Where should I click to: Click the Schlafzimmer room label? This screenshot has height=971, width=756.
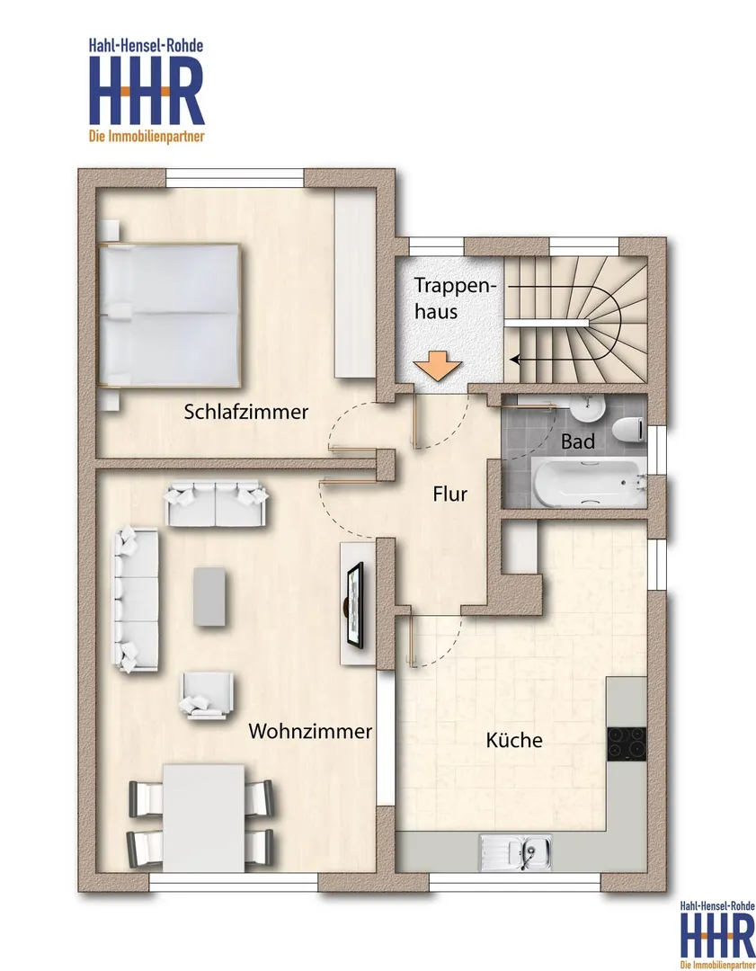pos(245,412)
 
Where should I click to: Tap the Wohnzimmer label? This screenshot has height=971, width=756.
pos(310,731)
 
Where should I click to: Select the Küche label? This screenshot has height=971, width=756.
pos(514,740)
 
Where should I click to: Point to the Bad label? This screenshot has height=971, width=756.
pos(578,441)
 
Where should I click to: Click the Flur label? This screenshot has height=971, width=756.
pos(450,494)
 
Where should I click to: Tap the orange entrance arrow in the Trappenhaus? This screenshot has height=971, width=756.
pos(438,367)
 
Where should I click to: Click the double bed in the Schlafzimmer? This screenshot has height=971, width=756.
pos(169,316)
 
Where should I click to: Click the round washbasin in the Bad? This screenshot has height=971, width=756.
pos(587,409)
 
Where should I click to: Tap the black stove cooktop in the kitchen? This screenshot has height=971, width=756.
pos(627,744)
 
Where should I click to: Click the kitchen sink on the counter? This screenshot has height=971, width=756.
pos(515,852)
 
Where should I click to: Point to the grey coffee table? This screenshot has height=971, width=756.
pos(209,596)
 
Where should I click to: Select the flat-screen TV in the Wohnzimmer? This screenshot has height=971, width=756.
pos(355,606)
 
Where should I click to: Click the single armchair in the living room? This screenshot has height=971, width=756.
pos(206,695)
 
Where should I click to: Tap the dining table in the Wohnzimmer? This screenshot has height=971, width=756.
pos(204,817)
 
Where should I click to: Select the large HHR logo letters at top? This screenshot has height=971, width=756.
pos(147,91)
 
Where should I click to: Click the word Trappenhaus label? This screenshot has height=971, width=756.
pos(455,298)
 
